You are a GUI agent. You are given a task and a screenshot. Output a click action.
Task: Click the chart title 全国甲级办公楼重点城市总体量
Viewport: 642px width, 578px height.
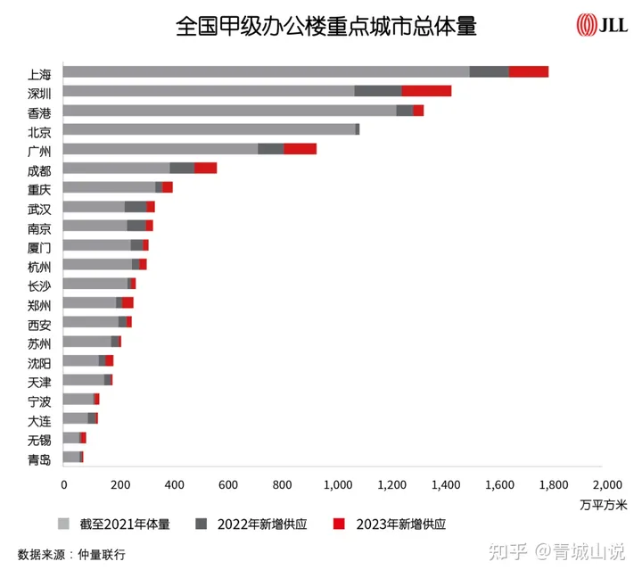326,26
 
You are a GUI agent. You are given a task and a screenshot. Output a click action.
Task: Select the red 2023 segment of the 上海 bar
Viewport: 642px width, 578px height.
528,71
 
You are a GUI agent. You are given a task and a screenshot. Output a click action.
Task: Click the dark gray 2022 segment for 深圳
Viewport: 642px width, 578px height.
377,91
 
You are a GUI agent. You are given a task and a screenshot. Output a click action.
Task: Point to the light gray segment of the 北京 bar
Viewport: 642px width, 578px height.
210,129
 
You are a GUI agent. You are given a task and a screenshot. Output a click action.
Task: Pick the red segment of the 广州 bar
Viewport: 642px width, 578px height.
300,149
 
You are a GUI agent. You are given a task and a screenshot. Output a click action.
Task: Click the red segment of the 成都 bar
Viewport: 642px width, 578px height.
205,168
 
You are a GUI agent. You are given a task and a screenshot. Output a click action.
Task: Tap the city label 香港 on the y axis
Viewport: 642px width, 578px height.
39,111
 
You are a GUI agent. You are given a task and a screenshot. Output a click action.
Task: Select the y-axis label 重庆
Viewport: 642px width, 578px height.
39,188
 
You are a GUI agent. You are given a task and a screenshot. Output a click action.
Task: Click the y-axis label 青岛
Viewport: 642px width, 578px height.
39,459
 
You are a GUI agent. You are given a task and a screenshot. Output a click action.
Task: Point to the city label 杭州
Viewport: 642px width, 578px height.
39,266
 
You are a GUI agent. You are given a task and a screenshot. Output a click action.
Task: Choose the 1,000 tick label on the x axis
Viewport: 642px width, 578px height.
337,484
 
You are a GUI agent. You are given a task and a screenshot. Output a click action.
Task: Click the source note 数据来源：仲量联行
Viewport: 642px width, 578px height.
71,555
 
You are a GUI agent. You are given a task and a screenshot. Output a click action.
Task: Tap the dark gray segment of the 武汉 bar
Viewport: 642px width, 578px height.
136,207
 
